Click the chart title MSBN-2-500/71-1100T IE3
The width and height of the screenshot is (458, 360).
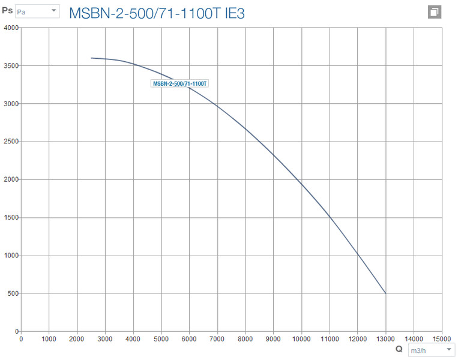pos(157,13)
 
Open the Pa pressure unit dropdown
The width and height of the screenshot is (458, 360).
pos(37,11)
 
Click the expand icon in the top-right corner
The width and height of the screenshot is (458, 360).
pos(435,12)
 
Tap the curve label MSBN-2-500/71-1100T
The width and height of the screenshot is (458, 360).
pos(180,84)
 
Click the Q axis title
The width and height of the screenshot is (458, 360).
pos(399,349)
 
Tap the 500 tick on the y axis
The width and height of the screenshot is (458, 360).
pos(13,294)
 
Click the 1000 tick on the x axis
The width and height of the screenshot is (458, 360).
pos(49,339)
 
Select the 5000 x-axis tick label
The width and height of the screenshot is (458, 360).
pos(161,339)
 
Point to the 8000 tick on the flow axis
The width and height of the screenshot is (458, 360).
pos(245,339)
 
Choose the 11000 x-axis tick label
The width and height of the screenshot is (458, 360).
pos(330,339)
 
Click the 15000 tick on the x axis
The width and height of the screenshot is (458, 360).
pos(442,339)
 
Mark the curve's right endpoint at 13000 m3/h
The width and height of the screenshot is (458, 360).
pos(385,293)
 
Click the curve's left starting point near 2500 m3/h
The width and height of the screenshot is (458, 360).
pos(91,58)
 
